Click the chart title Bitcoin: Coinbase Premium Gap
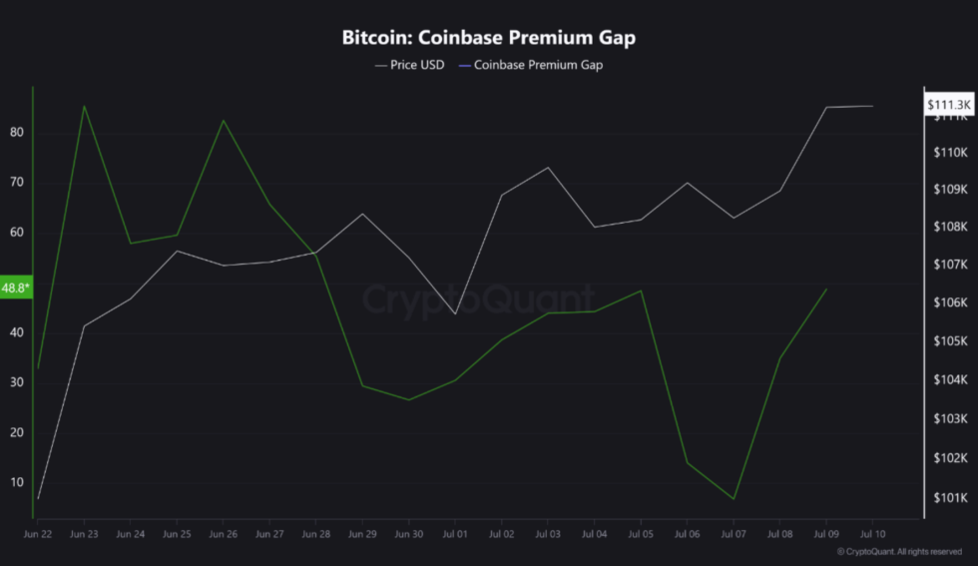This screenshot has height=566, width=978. (488, 38)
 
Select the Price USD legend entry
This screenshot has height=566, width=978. (410, 65)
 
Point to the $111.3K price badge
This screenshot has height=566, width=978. (948, 104)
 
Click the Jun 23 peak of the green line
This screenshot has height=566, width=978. (84, 106)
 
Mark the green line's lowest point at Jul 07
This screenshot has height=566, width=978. (733, 499)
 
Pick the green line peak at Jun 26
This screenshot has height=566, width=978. (223, 121)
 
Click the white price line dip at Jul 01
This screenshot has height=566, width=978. (455, 314)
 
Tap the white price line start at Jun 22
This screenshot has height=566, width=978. (38, 498)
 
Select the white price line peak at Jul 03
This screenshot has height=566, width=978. (547, 168)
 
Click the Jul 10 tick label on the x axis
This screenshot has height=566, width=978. (872, 535)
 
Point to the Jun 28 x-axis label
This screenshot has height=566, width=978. (315, 535)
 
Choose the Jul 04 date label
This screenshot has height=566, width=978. (594, 535)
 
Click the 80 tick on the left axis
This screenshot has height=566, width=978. (17, 133)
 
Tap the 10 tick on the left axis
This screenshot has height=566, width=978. (17, 482)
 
